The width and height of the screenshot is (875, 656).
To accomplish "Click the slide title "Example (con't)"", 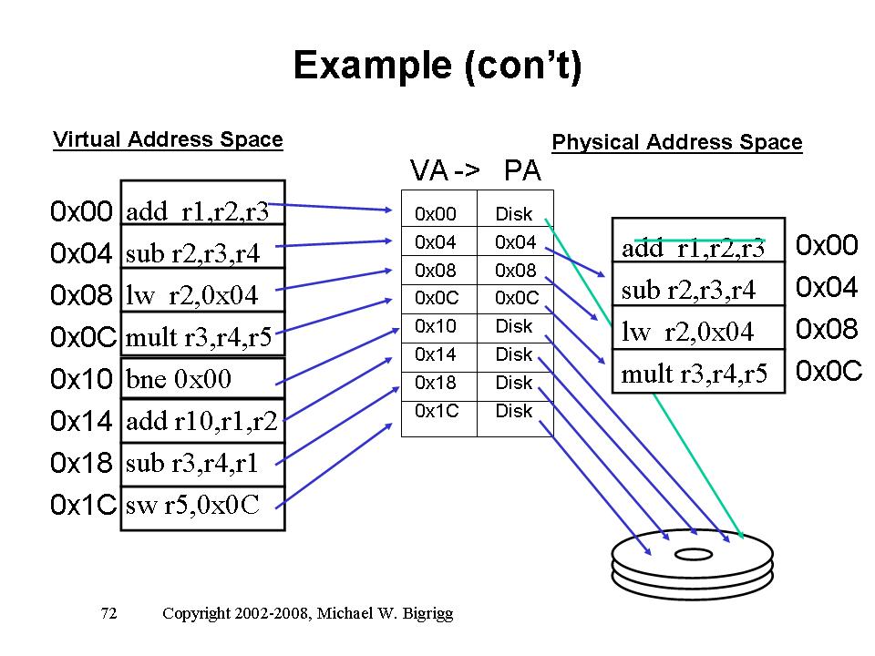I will coord(437,67).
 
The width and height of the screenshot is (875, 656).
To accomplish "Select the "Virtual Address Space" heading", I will coord(168,139).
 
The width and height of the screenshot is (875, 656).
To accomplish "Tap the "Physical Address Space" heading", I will coord(677,142).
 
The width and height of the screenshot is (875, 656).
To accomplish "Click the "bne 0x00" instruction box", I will coord(202,377).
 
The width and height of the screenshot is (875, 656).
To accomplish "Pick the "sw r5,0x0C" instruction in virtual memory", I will coord(202,507).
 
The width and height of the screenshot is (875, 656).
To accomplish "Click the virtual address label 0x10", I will coord(82,377).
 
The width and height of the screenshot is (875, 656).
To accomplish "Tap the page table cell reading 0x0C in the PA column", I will coord(517,298).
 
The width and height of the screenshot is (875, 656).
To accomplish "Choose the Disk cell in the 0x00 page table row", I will coord(514,214).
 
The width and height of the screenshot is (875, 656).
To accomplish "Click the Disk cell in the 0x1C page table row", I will coord(514,411).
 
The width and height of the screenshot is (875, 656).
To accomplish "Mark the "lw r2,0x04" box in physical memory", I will coord(698,332).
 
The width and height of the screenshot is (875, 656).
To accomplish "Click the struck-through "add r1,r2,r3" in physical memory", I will coord(698,247).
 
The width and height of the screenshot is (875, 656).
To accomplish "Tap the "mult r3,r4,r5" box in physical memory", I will coord(698,373).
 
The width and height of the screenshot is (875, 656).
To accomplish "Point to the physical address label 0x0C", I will coord(829,371).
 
